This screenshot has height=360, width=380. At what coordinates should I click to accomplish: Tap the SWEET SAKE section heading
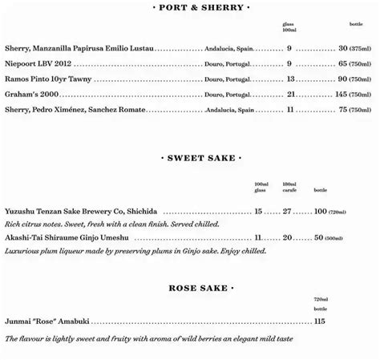point(201,158)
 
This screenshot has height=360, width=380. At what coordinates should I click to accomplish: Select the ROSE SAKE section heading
point(201,287)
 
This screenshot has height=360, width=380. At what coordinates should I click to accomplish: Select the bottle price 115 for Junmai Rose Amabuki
point(320,322)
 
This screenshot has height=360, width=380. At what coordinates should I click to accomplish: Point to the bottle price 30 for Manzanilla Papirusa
point(343,48)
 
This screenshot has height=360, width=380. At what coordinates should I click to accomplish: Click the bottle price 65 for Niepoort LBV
point(343,63)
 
